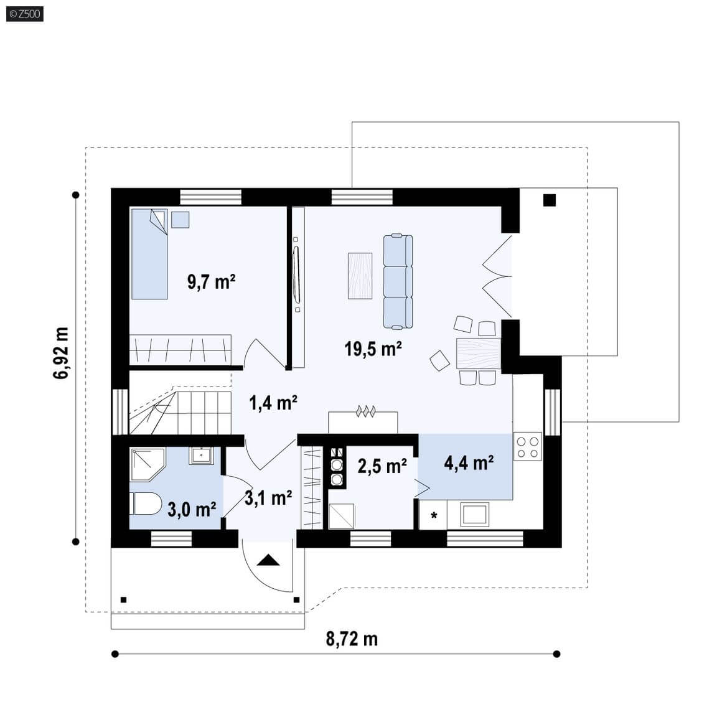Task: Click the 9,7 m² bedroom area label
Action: tap(211, 281)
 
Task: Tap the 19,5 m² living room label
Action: tap(373, 349)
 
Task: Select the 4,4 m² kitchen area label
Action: tap(469, 463)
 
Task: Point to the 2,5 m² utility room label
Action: tap(382, 466)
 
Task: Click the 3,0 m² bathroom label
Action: tap(192, 509)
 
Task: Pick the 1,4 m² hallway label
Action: tap(273, 403)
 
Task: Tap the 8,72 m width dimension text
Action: tap(352, 639)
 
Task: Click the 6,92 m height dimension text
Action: tap(61, 352)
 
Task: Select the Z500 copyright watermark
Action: tap(25, 14)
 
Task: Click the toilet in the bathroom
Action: tap(146, 504)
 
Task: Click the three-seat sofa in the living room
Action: tap(398, 282)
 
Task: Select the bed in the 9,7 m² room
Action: tap(149, 254)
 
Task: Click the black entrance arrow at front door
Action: tap(268, 560)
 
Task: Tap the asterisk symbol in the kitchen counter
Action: tap(434, 516)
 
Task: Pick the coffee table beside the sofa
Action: tap(360, 276)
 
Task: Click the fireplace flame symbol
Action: tap(366, 411)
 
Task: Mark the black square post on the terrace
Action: tap(549, 200)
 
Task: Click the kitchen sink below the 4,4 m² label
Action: tap(475, 515)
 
